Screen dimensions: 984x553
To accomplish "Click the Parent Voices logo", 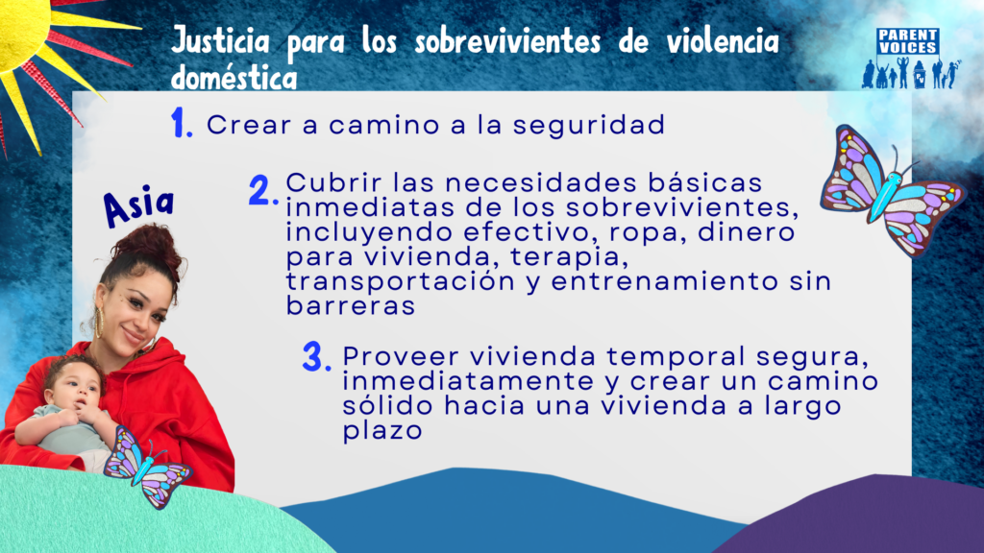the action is click(910, 59).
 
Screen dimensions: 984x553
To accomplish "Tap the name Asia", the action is click(138, 205).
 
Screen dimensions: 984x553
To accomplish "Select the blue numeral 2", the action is click(263, 190).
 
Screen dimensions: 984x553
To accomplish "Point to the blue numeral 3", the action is click(316, 357).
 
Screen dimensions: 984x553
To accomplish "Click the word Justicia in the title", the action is click(220, 42).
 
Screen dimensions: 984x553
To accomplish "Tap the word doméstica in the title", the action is click(234, 77).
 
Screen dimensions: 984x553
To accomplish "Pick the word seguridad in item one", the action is click(589, 126).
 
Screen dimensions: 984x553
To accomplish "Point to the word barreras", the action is click(350, 306).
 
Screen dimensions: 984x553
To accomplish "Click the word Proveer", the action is click(401, 356).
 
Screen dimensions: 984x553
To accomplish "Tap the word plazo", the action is click(382, 431).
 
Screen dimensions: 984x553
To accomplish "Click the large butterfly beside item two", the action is click(892, 190).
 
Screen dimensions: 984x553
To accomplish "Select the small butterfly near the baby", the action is click(147, 467).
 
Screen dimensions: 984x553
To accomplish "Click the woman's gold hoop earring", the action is click(99, 321).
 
